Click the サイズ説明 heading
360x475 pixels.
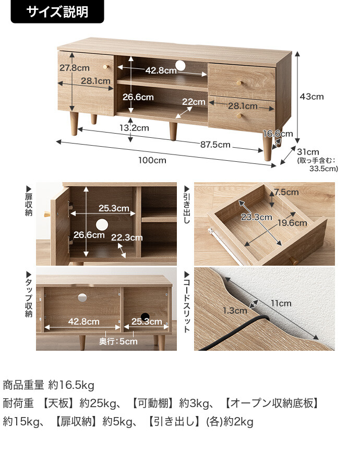[x=57, y=11]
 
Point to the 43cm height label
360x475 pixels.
[x=311, y=97]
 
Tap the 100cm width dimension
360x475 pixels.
[x=152, y=160]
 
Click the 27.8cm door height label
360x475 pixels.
[x=74, y=68]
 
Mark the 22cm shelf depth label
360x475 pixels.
[x=194, y=102]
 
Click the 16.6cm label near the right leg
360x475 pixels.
[x=278, y=134]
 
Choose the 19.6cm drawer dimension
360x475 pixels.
[x=292, y=223]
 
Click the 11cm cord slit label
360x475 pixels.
[x=281, y=303]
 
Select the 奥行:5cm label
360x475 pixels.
[x=118, y=341]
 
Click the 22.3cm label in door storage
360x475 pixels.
[x=127, y=237]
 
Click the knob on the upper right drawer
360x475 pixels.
[x=240, y=82]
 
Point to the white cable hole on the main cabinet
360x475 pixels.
[x=181, y=65]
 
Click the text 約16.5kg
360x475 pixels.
[x=71, y=386]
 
